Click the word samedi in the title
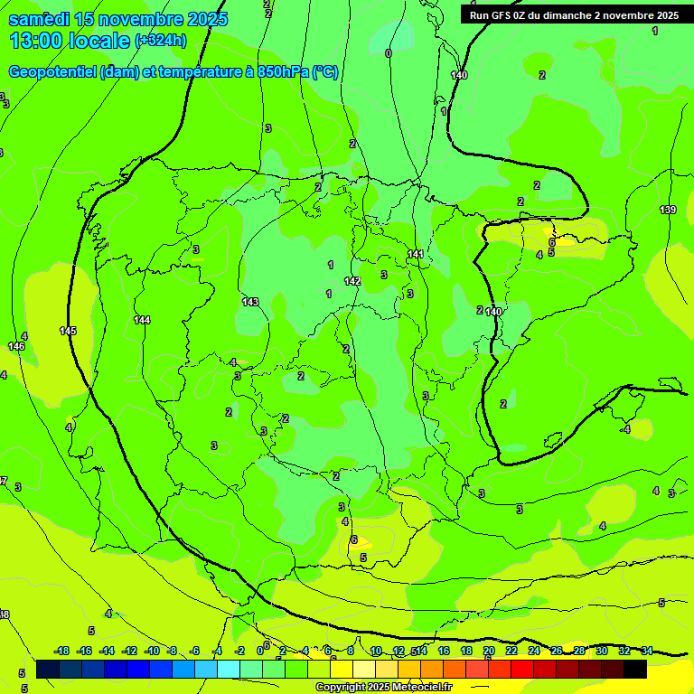(x=40, y=19)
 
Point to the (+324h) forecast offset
(x=160, y=40)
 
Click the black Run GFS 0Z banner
(x=574, y=14)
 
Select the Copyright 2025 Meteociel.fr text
(x=383, y=687)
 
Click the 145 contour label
(x=69, y=331)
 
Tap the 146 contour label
(x=16, y=346)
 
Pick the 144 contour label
(x=142, y=320)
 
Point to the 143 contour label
(x=250, y=302)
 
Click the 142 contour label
(x=352, y=282)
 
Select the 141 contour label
(x=416, y=254)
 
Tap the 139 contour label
(x=668, y=210)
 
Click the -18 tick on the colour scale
(x=61, y=651)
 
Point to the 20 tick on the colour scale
(x=489, y=651)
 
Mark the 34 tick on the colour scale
(x=647, y=651)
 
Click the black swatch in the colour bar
(x=635, y=670)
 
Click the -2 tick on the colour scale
(x=239, y=651)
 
